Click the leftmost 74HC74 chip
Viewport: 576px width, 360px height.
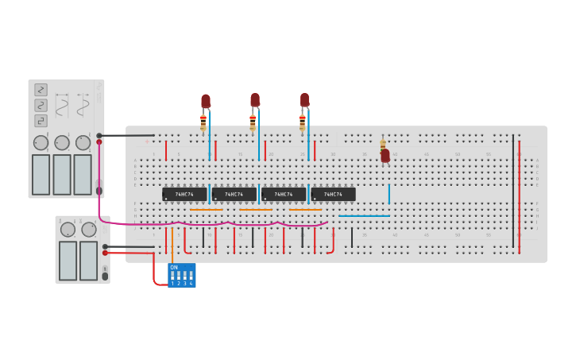click(x=184, y=194)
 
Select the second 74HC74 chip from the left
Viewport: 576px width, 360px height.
click(x=234, y=194)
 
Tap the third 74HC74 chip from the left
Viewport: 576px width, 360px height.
click(x=284, y=194)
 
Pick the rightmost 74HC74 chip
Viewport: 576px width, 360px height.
click(x=333, y=194)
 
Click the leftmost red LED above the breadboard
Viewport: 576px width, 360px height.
click(x=206, y=101)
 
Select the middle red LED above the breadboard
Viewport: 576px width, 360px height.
click(x=255, y=100)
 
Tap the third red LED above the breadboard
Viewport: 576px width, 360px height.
click(x=304, y=100)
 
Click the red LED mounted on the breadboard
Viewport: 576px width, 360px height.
click(x=385, y=156)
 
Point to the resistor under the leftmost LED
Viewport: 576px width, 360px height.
click(x=203, y=122)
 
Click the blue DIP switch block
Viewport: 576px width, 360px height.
click(x=181, y=276)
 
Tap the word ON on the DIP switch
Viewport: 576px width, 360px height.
click(x=174, y=268)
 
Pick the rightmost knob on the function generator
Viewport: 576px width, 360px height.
click(x=83, y=143)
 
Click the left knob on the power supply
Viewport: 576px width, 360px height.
click(x=68, y=230)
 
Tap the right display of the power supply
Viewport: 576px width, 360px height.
click(x=88, y=260)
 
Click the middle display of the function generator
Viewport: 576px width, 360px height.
click(x=62, y=174)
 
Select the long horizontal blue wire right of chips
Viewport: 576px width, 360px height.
click(x=364, y=215)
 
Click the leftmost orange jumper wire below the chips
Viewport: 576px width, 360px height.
click(x=207, y=210)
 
